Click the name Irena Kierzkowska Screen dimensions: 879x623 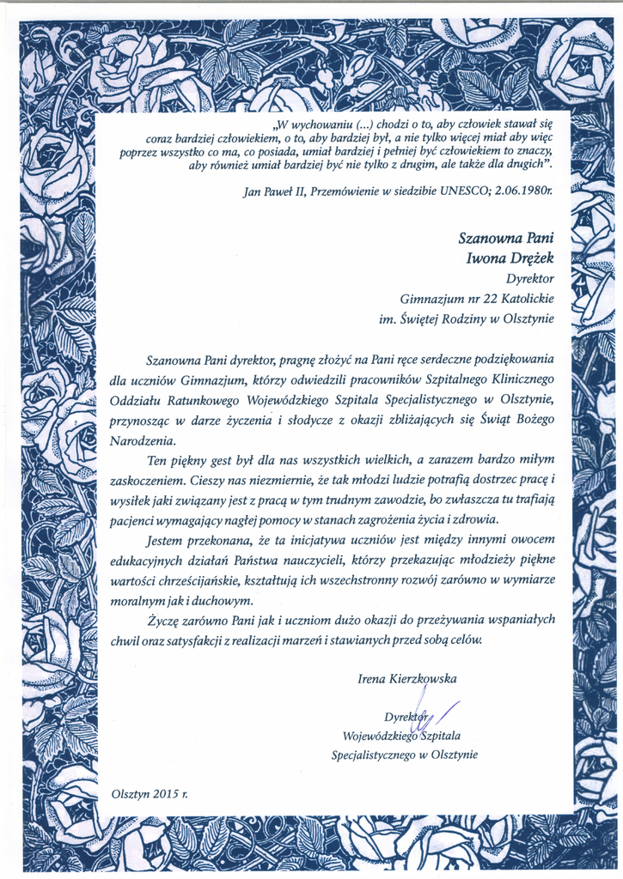(407, 679)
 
